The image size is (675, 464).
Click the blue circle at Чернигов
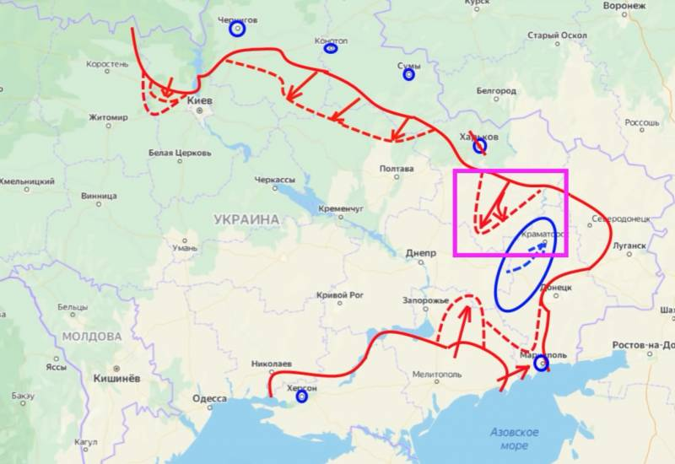click(237, 29)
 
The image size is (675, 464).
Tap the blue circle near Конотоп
click(331, 48)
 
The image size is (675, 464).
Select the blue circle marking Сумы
click(409, 74)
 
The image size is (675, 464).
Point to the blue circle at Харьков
click(479, 146)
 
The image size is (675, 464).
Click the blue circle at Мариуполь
click(541, 364)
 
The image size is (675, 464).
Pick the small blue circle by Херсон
click(301, 400)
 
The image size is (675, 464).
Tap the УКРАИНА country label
click(246, 219)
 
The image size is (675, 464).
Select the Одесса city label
click(209, 398)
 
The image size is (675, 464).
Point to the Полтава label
click(397, 169)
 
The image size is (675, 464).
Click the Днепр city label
click(421, 252)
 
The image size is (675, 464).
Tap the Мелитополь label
click(438, 375)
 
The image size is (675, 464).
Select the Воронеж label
click(625, 6)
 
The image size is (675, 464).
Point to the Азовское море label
click(514, 438)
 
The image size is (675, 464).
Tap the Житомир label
click(108, 117)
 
